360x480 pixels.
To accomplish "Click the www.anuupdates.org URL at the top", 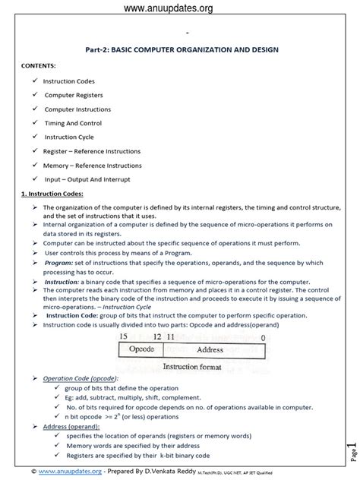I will pos(180,8).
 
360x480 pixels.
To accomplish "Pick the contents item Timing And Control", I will pos(73,122).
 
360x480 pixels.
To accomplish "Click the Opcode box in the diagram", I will pos(142,328).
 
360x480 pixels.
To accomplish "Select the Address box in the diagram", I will pos(210,328).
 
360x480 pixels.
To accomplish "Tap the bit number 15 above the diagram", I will pos(124,314).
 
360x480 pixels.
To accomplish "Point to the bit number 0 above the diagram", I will pos(262,314).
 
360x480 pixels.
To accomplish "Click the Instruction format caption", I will pos(193,344).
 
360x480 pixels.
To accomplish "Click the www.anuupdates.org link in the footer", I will pos(56,470).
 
